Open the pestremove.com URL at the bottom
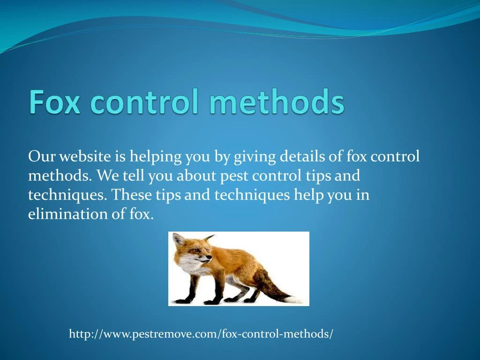click(201, 334)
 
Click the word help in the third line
click(309, 195)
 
